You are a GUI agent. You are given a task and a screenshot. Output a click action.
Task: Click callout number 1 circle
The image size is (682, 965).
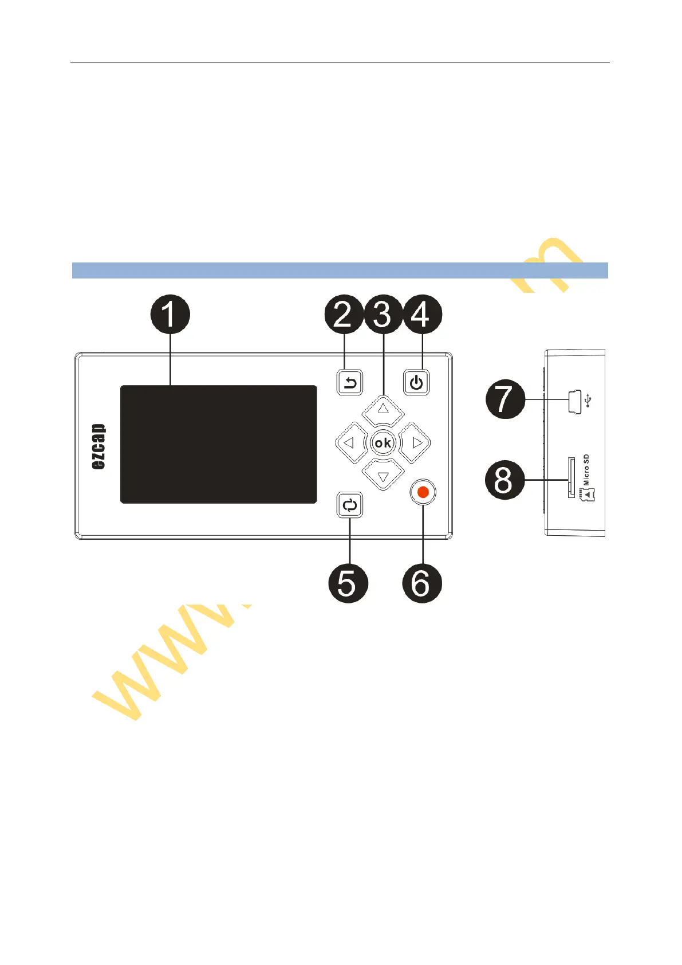point(170,314)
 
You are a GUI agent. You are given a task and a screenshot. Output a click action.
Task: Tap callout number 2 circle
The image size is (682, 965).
point(344,314)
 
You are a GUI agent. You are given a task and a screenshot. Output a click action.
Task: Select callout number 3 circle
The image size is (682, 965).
point(383,314)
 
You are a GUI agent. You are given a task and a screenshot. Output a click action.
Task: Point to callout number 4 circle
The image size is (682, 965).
point(423,314)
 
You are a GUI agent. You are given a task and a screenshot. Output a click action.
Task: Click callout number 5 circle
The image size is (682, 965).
point(348,583)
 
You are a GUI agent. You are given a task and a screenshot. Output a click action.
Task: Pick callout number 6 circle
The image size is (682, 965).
point(423,583)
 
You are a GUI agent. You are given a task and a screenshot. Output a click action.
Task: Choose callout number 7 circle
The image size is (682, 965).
point(505,399)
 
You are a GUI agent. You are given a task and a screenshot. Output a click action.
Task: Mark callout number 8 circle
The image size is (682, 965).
point(505,480)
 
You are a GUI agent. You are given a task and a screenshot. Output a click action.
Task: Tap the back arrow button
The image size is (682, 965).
point(350,382)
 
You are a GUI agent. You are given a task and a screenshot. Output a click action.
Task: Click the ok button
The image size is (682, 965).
point(383,443)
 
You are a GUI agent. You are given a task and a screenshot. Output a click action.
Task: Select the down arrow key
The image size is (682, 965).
point(383,476)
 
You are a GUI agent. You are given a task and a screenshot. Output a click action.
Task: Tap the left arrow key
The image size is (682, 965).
point(350,443)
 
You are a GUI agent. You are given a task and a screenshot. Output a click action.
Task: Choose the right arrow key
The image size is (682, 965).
point(416,443)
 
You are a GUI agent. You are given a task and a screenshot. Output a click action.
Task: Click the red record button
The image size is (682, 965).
point(423,492)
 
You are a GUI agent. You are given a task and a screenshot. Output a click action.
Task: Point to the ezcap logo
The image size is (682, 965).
point(99,446)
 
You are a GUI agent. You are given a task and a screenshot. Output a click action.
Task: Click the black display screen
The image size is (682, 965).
point(218,444)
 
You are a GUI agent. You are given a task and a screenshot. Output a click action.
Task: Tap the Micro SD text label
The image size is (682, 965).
point(586,470)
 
